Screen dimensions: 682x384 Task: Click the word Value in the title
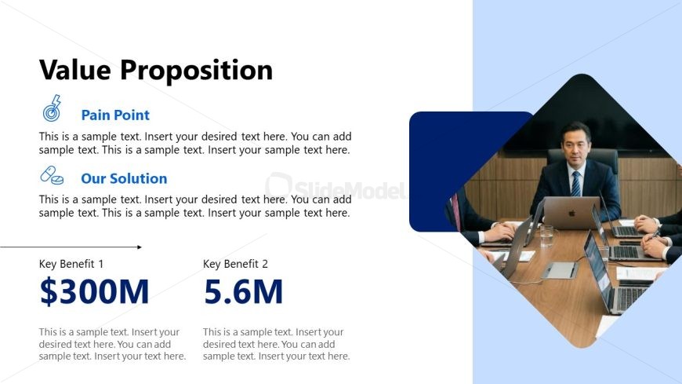[74, 70]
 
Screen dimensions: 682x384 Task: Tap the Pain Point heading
[115, 115]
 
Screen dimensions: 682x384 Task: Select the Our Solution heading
[124, 178]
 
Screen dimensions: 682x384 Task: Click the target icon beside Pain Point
[52, 108]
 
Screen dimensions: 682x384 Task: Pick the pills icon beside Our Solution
[52, 175]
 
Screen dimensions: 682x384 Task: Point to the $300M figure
[94, 291]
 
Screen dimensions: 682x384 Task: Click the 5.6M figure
[243, 291]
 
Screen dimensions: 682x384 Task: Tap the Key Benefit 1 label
[71, 264]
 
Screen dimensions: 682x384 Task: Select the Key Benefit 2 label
[235, 264]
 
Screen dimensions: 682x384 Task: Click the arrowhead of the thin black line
[140, 247]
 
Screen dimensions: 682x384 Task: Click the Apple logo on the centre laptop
[572, 213]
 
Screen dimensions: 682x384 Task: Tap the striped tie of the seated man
[575, 184]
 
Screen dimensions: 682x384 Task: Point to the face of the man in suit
[576, 144]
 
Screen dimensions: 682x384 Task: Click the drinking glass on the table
[546, 236]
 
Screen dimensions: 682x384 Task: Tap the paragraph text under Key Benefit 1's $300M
[112, 344]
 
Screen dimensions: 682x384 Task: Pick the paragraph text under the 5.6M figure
[276, 344]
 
